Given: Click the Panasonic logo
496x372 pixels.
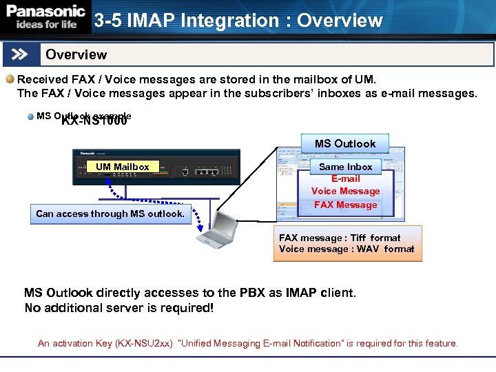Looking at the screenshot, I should pos(45,11).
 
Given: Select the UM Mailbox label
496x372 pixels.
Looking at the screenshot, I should pos(123,167).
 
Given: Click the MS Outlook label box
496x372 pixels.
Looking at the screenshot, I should pos(345,143).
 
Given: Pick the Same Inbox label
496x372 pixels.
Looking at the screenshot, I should pos(345,167).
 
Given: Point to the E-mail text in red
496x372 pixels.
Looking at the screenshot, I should pos(345,179).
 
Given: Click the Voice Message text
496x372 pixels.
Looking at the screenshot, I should pos(345,192).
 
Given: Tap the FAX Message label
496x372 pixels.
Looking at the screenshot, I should pos(345,205).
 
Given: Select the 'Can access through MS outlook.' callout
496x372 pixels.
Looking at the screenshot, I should pos(110,214).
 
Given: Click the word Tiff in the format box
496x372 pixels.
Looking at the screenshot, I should pos(358,238).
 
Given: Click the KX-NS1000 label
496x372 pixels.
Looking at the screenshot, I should pos(94,121).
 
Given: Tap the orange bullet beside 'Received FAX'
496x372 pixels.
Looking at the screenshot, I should pos(10,79).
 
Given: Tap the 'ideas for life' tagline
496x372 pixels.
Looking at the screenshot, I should pos(43,24).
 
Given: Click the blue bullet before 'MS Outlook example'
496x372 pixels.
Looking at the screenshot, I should pos(31,116).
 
